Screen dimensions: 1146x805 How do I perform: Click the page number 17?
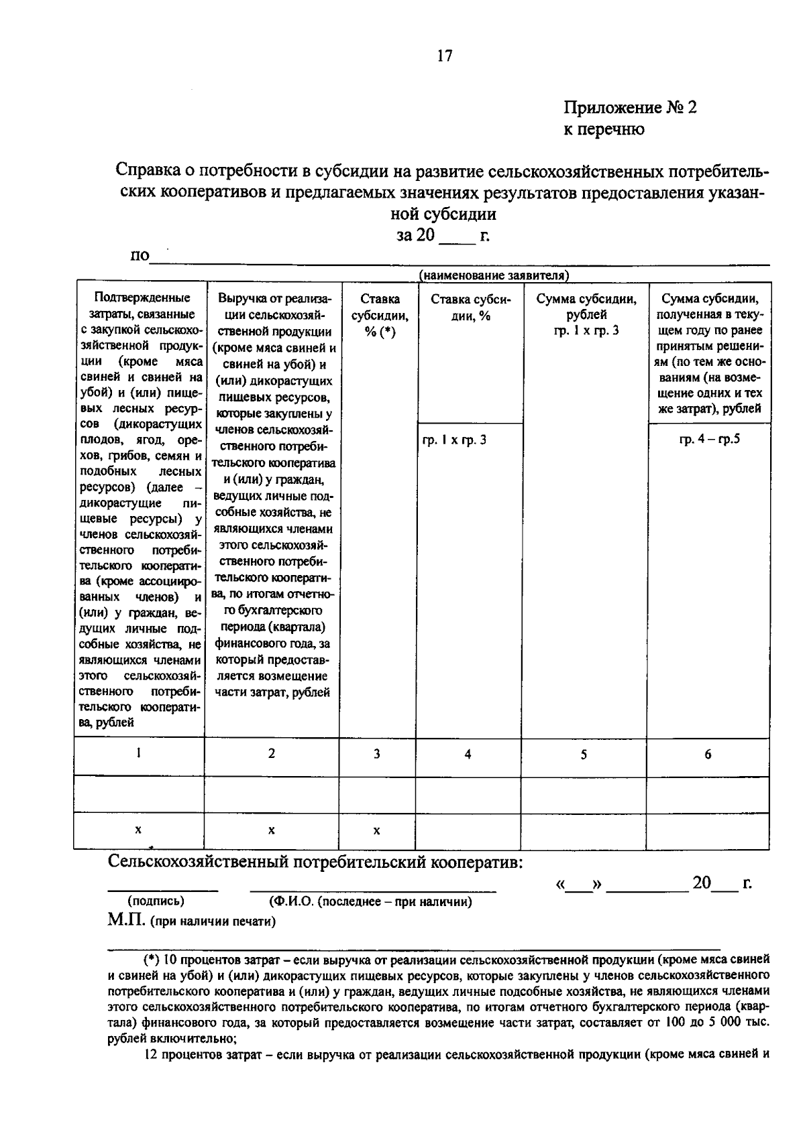(444, 56)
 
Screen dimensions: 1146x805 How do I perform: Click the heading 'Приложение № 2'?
(629, 107)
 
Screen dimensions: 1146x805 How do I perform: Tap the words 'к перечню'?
(603, 129)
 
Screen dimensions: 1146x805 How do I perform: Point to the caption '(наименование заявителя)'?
(494, 275)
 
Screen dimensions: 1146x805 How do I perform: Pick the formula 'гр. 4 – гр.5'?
(709, 440)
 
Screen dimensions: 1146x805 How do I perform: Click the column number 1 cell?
(138, 753)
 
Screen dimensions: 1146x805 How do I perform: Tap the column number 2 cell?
(271, 754)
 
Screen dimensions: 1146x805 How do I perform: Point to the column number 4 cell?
(468, 754)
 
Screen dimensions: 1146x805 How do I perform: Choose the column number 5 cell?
(584, 754)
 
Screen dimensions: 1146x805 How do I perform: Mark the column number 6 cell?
(708, 754)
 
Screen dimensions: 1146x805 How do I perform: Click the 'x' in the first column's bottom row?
(138, 830)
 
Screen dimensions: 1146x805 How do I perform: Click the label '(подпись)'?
(156, 901)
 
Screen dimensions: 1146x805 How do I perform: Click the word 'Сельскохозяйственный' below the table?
(199, 861)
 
